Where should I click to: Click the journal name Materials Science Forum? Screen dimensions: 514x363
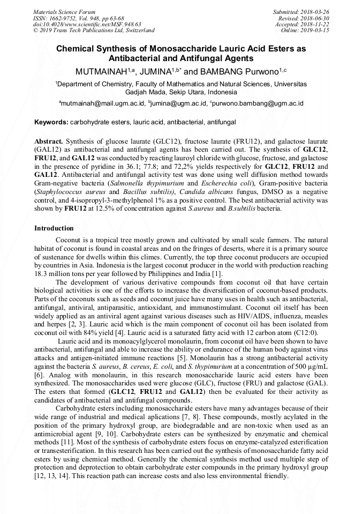tap(64, 12)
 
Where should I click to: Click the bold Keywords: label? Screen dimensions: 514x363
tap(51, 122)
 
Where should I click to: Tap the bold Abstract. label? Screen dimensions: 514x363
tap(49, 140)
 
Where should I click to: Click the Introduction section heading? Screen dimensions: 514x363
tap(54, 228)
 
